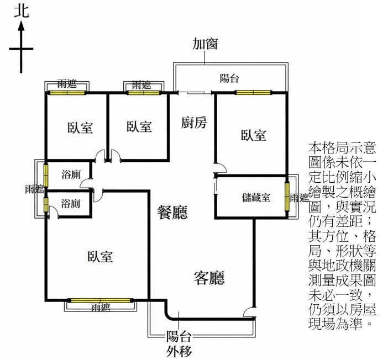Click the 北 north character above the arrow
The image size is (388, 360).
(x=21, y=10)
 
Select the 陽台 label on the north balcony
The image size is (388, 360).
(x=229, y=78)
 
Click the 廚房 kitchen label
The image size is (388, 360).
(x=194, y=123)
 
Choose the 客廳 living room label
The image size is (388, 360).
(x=209, y=277)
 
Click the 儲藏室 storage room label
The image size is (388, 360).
(x=256, y=197)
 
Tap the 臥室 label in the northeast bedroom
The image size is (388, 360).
(x=254, y=135)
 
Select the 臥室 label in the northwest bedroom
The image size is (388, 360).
(x=80, y=128)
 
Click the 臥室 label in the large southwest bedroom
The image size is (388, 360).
(x=100, y=257)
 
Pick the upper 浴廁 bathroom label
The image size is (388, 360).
(x=70, y=175)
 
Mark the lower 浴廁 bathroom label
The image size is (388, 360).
(x=70, y=203)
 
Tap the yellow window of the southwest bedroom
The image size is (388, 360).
(x=100, y=300)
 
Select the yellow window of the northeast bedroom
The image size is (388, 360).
(x=251, y=92)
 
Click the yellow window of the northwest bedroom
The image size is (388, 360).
(x=66, y=92)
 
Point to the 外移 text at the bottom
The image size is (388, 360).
(x=179, y=350)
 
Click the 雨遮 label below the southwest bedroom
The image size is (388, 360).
(x=101, y=308)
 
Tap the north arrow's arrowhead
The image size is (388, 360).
(x=22, y=26)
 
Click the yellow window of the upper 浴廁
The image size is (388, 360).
(x=46, y=174)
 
